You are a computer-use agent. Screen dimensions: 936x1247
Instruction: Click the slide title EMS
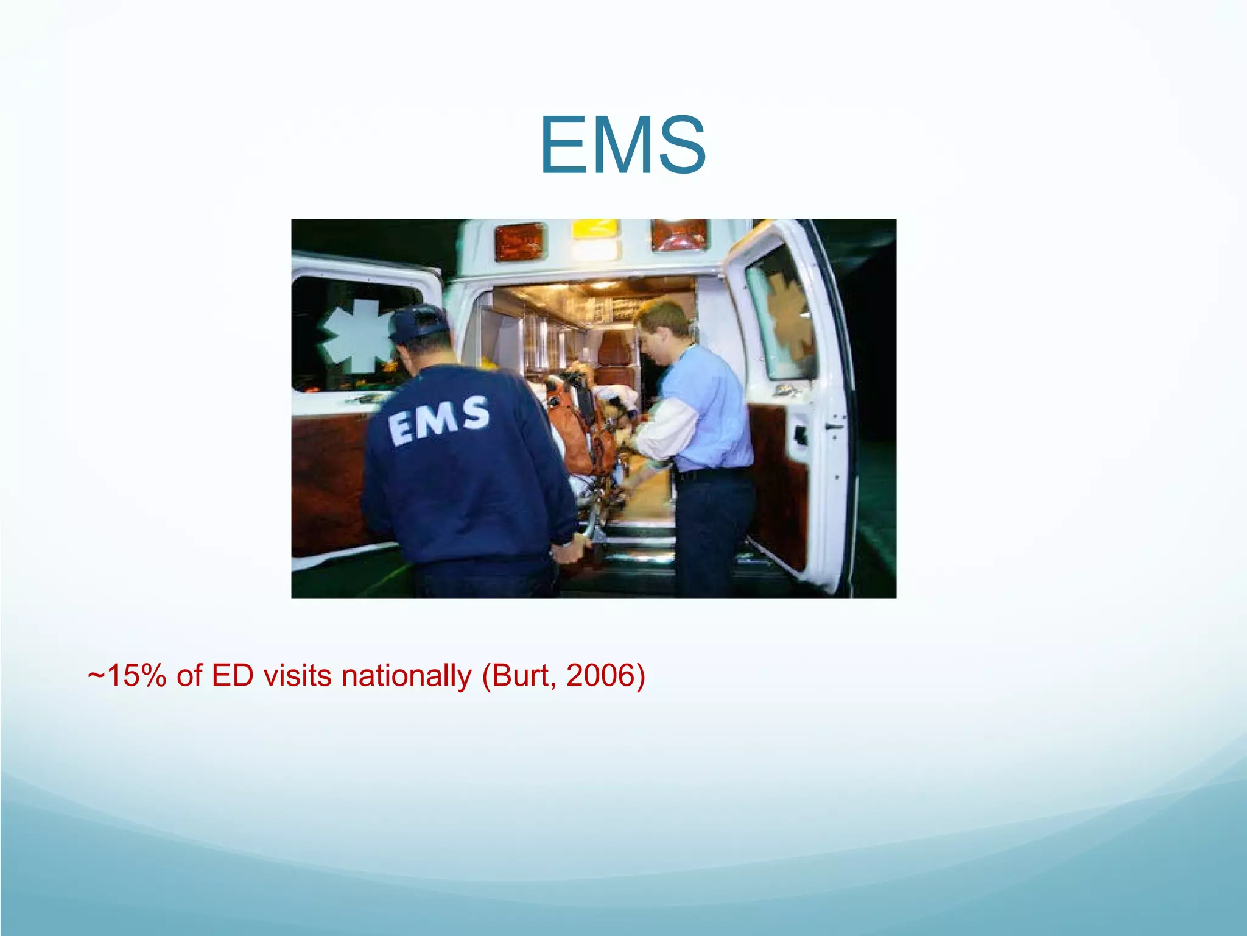(x=622, y=146)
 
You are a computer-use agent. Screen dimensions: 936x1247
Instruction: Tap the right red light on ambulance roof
(x=679, y=235)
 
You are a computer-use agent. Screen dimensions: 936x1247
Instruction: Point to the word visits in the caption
(x=298, y=676)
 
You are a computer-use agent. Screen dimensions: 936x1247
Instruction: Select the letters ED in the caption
(x=232, y=676)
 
